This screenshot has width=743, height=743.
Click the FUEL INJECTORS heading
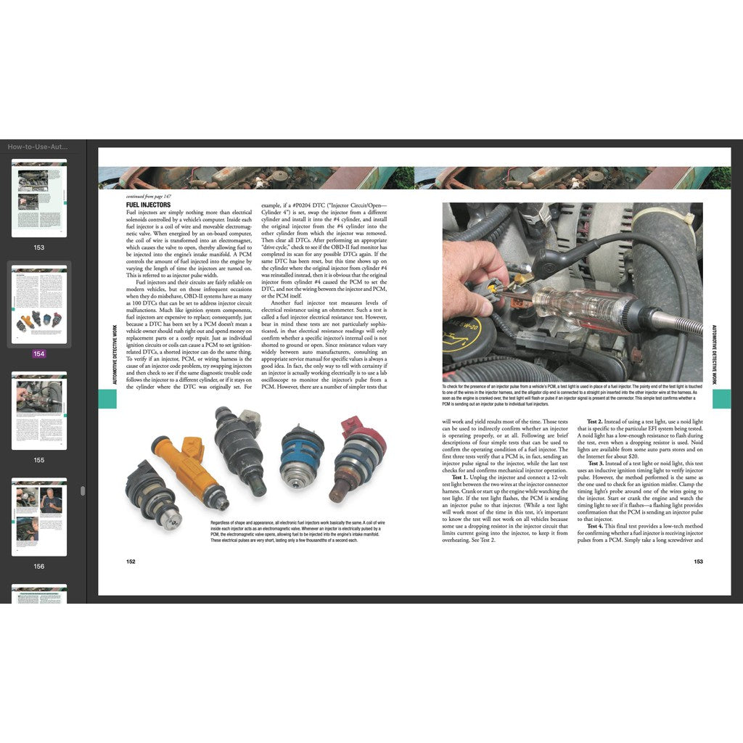148,205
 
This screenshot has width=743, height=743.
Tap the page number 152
131,561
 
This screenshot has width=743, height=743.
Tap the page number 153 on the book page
698,561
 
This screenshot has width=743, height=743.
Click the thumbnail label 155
39,460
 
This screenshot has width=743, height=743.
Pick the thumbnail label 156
39,567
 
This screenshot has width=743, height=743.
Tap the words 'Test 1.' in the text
461,477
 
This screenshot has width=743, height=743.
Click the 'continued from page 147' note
149,197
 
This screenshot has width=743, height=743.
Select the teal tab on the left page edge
107,398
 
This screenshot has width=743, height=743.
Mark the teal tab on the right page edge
721,398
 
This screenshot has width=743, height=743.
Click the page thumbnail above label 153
39,198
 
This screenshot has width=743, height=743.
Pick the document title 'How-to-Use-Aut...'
38,147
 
